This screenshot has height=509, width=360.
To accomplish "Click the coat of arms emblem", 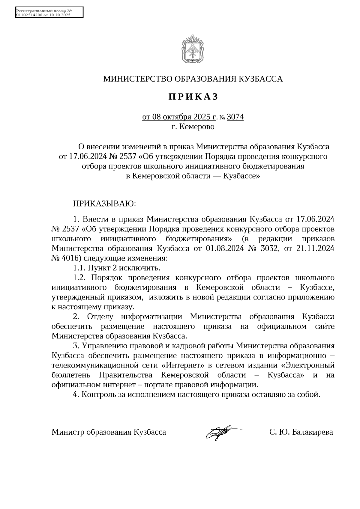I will click(193, 49).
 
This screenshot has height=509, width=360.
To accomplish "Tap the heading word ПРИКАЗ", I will click(193, 97).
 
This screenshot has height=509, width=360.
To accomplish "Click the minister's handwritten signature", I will click(222, 432).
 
